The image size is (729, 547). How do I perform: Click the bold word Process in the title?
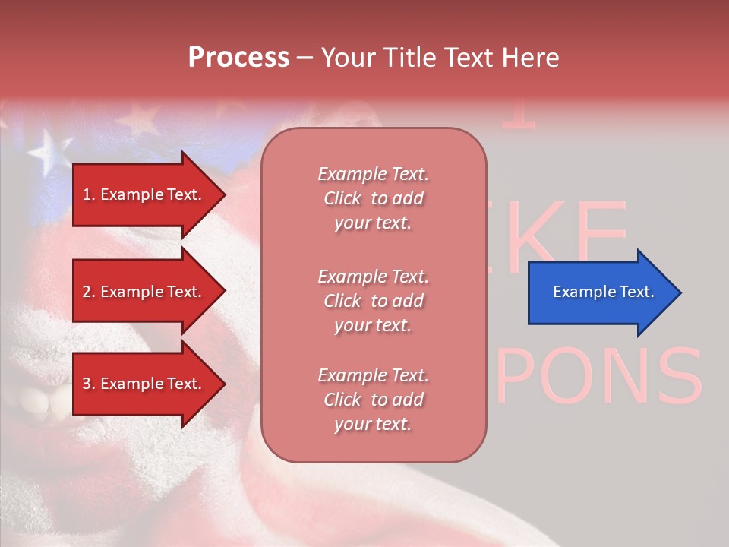click(x=238, y=58)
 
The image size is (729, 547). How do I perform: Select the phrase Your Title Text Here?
click(x=440, y=58)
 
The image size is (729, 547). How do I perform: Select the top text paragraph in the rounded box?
click(x=373, y=198)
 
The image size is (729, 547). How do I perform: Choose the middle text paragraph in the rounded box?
click(x=373, y=300)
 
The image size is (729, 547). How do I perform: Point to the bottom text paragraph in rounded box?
click(x=373, y=400)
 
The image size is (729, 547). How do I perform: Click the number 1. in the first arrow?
click(x=89, y=194)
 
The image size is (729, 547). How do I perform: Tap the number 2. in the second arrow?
click(x=89, y=292)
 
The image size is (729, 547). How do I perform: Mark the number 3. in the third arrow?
click(x=89, y=384)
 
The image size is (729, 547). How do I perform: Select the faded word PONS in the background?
click(x=600, y=376)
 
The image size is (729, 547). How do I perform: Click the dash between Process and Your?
click(x=305, y=58)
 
